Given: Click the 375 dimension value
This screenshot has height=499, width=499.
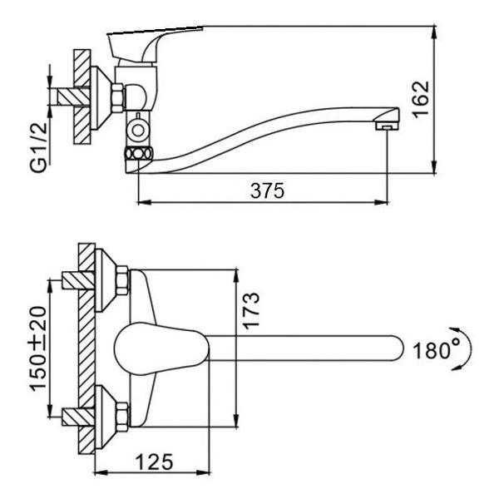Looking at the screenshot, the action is click(x=267, y=191).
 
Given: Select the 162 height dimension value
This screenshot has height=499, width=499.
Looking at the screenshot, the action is click(x=422, y=100).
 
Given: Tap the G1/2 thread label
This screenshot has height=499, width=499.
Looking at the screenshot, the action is click(x=39, y=147).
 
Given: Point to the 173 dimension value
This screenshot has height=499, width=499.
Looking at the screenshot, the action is click(x=251, y=311).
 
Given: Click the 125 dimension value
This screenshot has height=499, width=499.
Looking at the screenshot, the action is click(x=155, y=462).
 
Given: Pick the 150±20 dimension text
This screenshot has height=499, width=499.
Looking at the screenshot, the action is click(x=38, y=348).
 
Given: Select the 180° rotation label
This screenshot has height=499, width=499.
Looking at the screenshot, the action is click(x=436, y=350).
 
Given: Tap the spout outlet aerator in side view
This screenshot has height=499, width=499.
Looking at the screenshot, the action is click(x=387, y=126).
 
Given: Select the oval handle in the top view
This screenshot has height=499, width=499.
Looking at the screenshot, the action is click(x=161, y=348).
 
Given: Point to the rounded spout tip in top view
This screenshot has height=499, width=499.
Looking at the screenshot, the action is click(x=396, y=348).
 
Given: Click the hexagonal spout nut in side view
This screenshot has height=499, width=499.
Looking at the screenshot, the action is click(x=138, y=154).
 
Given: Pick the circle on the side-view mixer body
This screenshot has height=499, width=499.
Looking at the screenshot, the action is click(x=138, y=131).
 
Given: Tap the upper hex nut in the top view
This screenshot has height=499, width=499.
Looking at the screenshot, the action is click(x=122, y=280).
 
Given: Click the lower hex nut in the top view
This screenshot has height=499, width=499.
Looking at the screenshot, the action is click(x=122, y=417).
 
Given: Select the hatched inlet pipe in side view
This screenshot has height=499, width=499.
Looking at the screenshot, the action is click(x=73, y=96).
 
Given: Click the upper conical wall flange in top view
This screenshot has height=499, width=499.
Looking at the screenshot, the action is click(x=106, y=280).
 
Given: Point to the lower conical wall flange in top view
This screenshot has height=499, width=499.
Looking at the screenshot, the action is click(x=106, y=417).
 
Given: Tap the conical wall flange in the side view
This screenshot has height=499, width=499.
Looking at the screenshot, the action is click(x=101, y=97).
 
